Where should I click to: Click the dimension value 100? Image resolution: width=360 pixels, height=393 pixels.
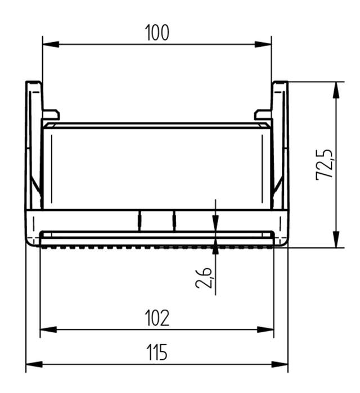[157, 33]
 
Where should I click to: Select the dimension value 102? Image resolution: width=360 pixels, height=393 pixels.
[157, 318]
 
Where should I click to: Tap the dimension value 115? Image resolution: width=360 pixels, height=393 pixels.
[157, 354]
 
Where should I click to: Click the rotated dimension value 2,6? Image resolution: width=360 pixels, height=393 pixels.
[204, 278]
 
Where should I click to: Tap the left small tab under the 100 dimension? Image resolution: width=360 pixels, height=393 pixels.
[51, 114]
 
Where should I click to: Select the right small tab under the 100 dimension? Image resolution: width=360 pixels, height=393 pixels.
[263, 114]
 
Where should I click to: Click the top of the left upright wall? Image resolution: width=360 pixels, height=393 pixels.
[34, 83]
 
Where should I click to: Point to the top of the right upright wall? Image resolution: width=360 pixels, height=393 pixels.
[280, 83]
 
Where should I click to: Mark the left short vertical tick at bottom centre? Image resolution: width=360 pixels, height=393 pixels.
[139, 220]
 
